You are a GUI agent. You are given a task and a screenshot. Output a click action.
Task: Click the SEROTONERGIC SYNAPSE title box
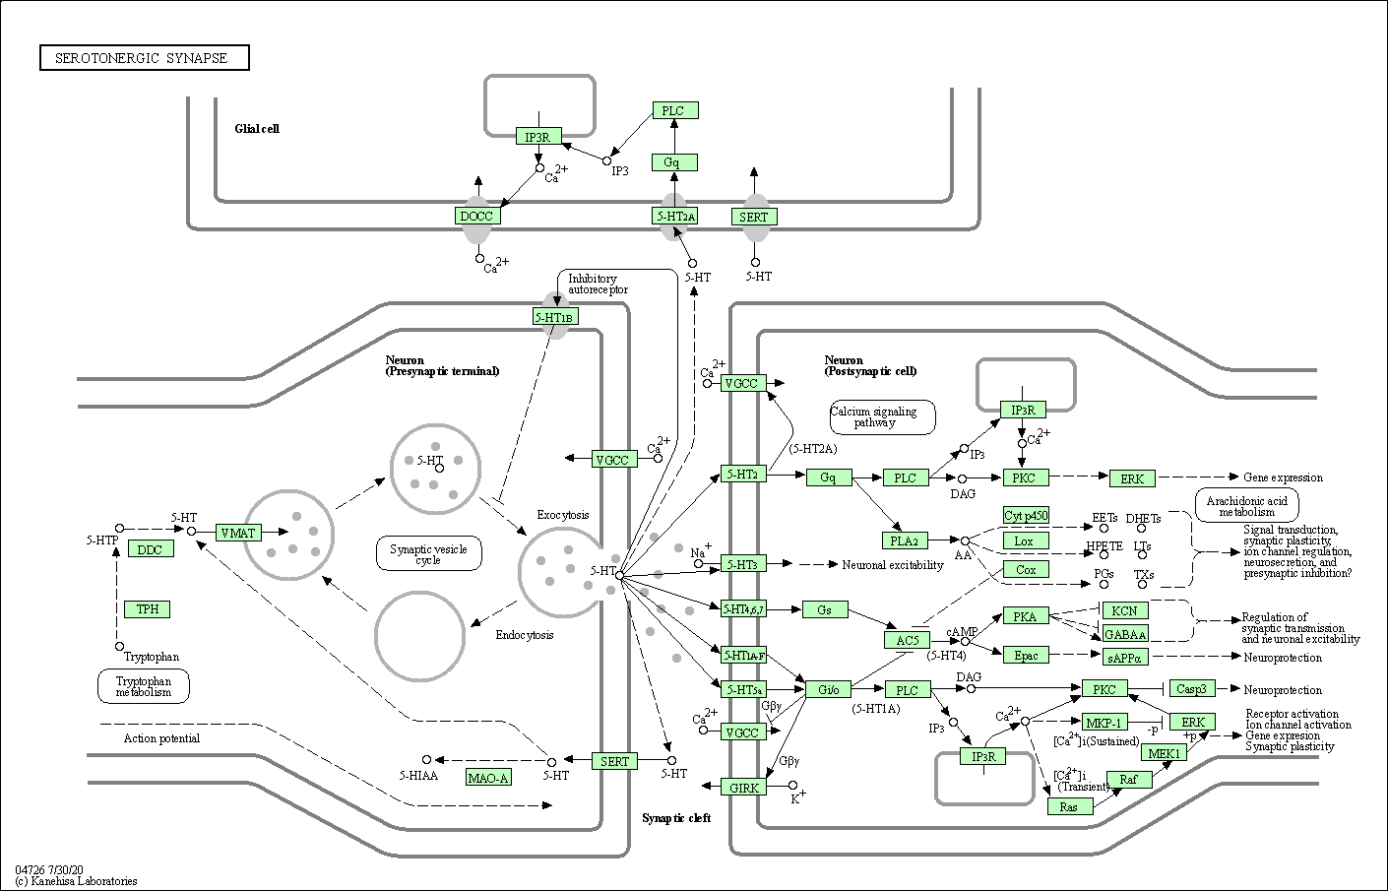point(144,58)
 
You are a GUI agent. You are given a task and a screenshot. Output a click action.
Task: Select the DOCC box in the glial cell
point(476,217)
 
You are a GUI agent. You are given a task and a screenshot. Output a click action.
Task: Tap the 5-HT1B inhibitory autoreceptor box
point(555,317)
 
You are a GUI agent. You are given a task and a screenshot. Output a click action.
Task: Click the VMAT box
point(238,533)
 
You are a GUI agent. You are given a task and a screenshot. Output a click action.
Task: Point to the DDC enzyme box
point(151,549)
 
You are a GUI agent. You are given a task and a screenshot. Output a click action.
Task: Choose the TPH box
point(148,609)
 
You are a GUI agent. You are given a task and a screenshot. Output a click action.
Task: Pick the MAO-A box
point(488,778)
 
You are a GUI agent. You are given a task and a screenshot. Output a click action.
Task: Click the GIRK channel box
point(744,788)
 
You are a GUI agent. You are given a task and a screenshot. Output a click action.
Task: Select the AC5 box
point(907,640)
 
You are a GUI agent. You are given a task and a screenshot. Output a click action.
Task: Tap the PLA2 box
point(904,541)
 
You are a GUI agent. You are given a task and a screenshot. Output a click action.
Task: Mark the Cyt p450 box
point(1026,515)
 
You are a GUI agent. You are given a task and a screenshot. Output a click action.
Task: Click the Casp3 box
point(1192,689)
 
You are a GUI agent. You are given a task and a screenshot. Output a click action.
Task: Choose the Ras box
point(1070,806)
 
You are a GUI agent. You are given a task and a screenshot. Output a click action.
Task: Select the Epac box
point(1026,656)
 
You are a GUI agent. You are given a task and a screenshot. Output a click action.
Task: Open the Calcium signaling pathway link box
point(882,416)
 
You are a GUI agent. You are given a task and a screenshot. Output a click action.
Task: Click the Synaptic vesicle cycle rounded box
point(428,554)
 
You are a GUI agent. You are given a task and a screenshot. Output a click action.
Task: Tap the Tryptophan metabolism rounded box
point(144,686)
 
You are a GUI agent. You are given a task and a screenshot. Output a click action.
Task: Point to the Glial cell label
point(257,129)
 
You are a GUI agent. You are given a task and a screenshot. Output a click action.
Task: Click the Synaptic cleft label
point(676,818)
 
